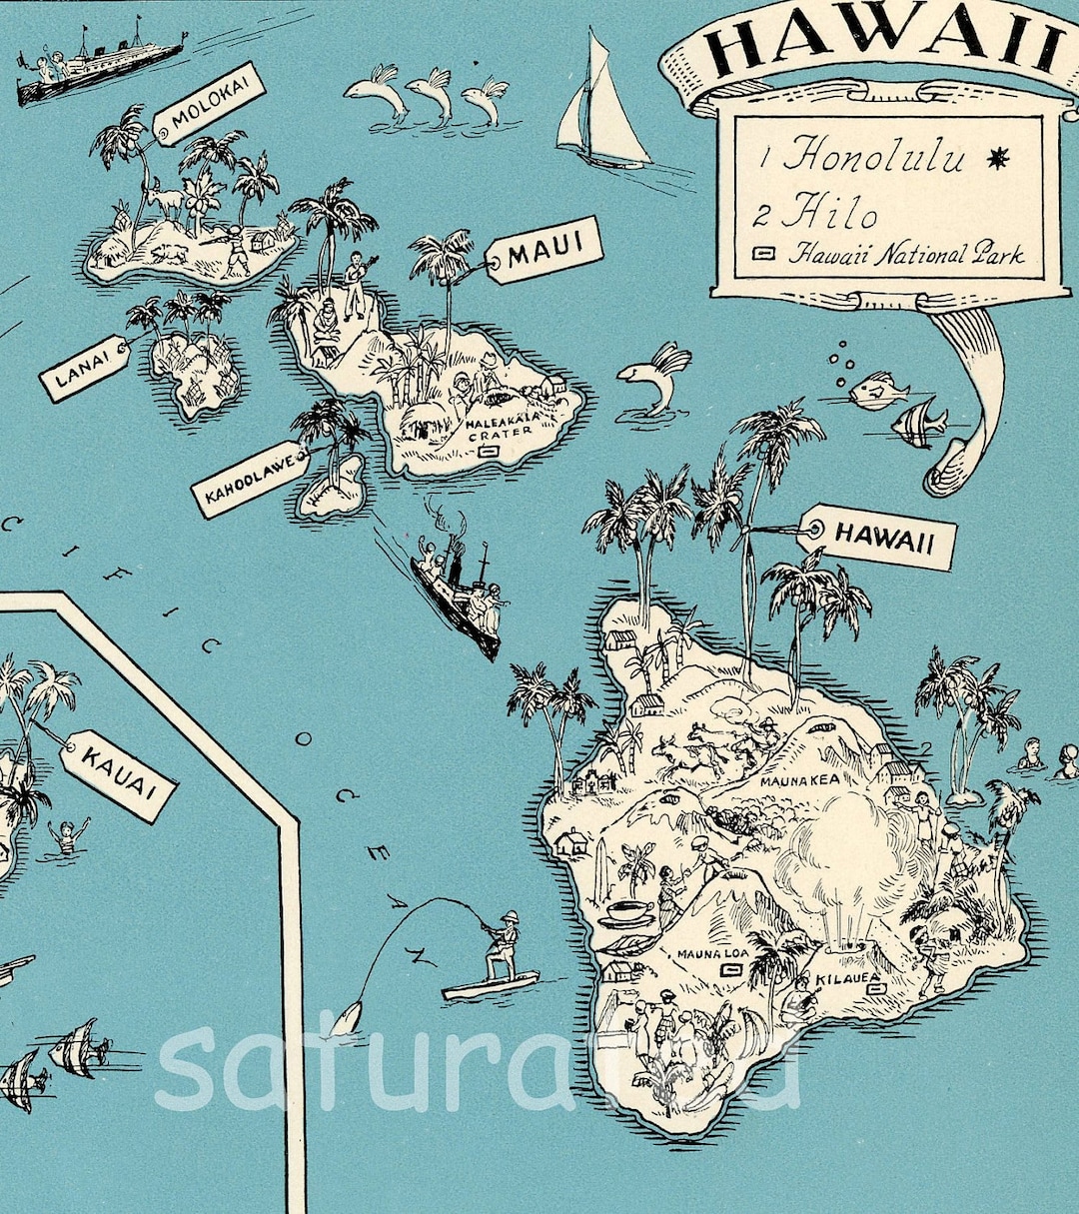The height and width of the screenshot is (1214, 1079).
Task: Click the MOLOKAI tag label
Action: [x=209, y=105]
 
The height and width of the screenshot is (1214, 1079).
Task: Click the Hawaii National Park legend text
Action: [x=905, y=254]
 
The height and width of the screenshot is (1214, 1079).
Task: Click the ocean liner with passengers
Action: [x=100, y=65]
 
